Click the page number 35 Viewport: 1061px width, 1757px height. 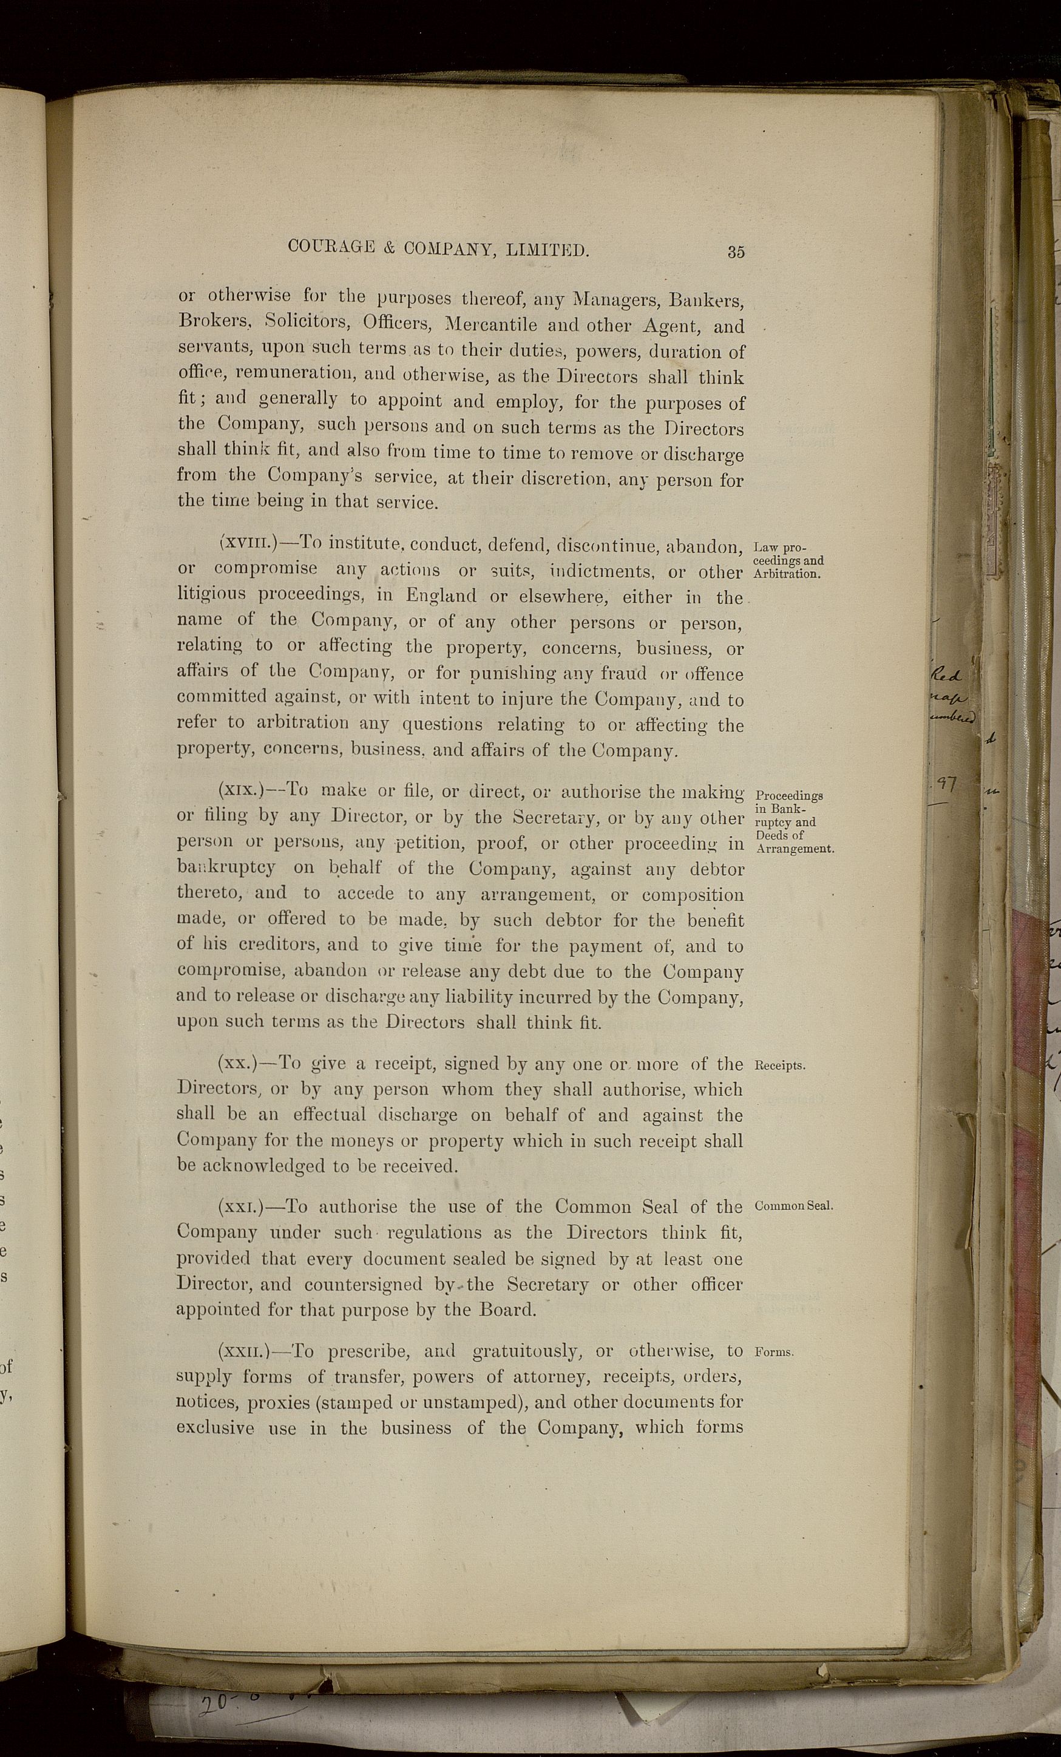click(736, 251)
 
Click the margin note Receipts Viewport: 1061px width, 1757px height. click(780, 1065)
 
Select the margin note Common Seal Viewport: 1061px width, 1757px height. click(793, 1206)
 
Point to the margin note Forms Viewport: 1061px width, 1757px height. click(775, 1352)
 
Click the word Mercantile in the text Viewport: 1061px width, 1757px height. click(490, 325)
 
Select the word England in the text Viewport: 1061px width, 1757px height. click(441, 596)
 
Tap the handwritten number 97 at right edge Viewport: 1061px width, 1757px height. click(947, 784)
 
